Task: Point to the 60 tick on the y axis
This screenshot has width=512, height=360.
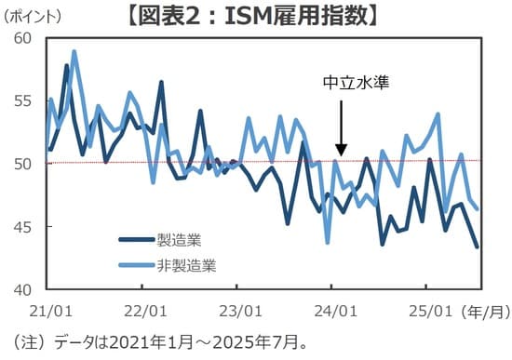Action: coord(21,38)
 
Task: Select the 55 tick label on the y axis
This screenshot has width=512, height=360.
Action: coord(21,100)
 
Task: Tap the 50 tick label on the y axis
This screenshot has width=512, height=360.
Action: coord(21,164)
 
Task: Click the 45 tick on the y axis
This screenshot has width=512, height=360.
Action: coord(21,227)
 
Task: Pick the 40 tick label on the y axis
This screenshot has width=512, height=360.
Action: coord(21,289)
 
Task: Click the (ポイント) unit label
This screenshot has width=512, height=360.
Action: coord(35,17)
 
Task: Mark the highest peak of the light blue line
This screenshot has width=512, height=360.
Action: coord(74,52)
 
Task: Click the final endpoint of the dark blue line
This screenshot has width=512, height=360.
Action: coord(478,247)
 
